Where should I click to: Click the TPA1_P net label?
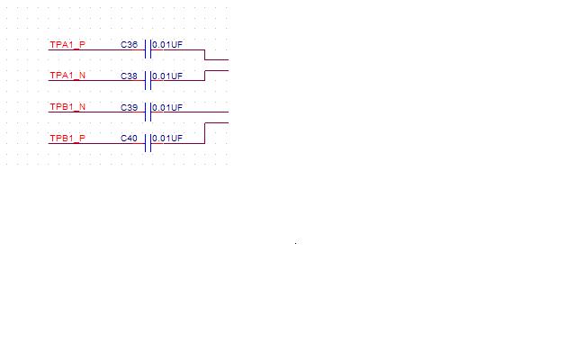pos(67,45)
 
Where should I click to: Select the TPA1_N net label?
pos(67,76)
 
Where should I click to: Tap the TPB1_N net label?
pos(67,107)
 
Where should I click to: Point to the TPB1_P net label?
pos(67,139)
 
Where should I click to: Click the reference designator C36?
pos(130,45)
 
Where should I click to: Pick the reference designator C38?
pos(130,76)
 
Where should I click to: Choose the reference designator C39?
pos(130,107)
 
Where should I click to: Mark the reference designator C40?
pos(130,139)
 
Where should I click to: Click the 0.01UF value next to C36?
pos(167,45)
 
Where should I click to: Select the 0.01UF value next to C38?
pos(167,76)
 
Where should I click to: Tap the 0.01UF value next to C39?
pos(167,108)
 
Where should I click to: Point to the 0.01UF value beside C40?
pos(167,139)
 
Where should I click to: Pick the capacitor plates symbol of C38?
pos(148,80)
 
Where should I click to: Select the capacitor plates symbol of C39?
pos(148,112)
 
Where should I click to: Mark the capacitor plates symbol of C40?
pos(148,143)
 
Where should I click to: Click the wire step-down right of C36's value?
pos(205,55)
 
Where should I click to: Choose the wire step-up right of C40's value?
pos(205,133)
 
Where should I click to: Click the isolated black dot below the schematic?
pos(296,242)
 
